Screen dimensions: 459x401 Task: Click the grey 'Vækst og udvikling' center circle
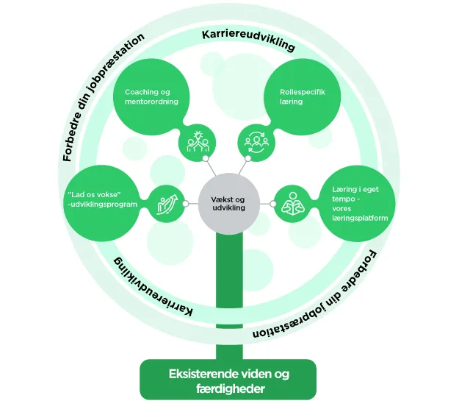point(229,204)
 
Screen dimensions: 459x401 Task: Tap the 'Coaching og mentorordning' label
point(151,96)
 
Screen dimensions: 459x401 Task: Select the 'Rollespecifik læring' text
point(303,96)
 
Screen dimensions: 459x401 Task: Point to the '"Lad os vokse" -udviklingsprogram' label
point(102,199)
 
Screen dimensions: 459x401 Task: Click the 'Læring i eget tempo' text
point(355,194)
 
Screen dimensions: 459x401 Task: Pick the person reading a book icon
point(293,203)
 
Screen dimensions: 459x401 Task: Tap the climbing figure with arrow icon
point(167,204)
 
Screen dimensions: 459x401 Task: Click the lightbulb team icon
point(198,141)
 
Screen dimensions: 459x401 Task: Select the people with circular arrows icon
point(256,142)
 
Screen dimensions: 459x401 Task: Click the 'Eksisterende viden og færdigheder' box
point(228,379)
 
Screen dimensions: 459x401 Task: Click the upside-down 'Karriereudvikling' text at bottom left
point(153,286)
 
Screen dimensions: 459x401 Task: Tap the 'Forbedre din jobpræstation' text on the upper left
point(104,97)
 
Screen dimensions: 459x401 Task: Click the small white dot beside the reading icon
point(272,204)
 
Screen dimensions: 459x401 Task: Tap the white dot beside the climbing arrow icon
point(185,204)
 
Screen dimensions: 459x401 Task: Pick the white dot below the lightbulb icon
point(206,158)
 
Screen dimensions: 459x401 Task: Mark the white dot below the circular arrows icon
point(248,158)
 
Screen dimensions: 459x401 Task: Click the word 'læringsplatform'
point(360,218)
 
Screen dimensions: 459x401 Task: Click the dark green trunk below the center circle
point(229,297)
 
